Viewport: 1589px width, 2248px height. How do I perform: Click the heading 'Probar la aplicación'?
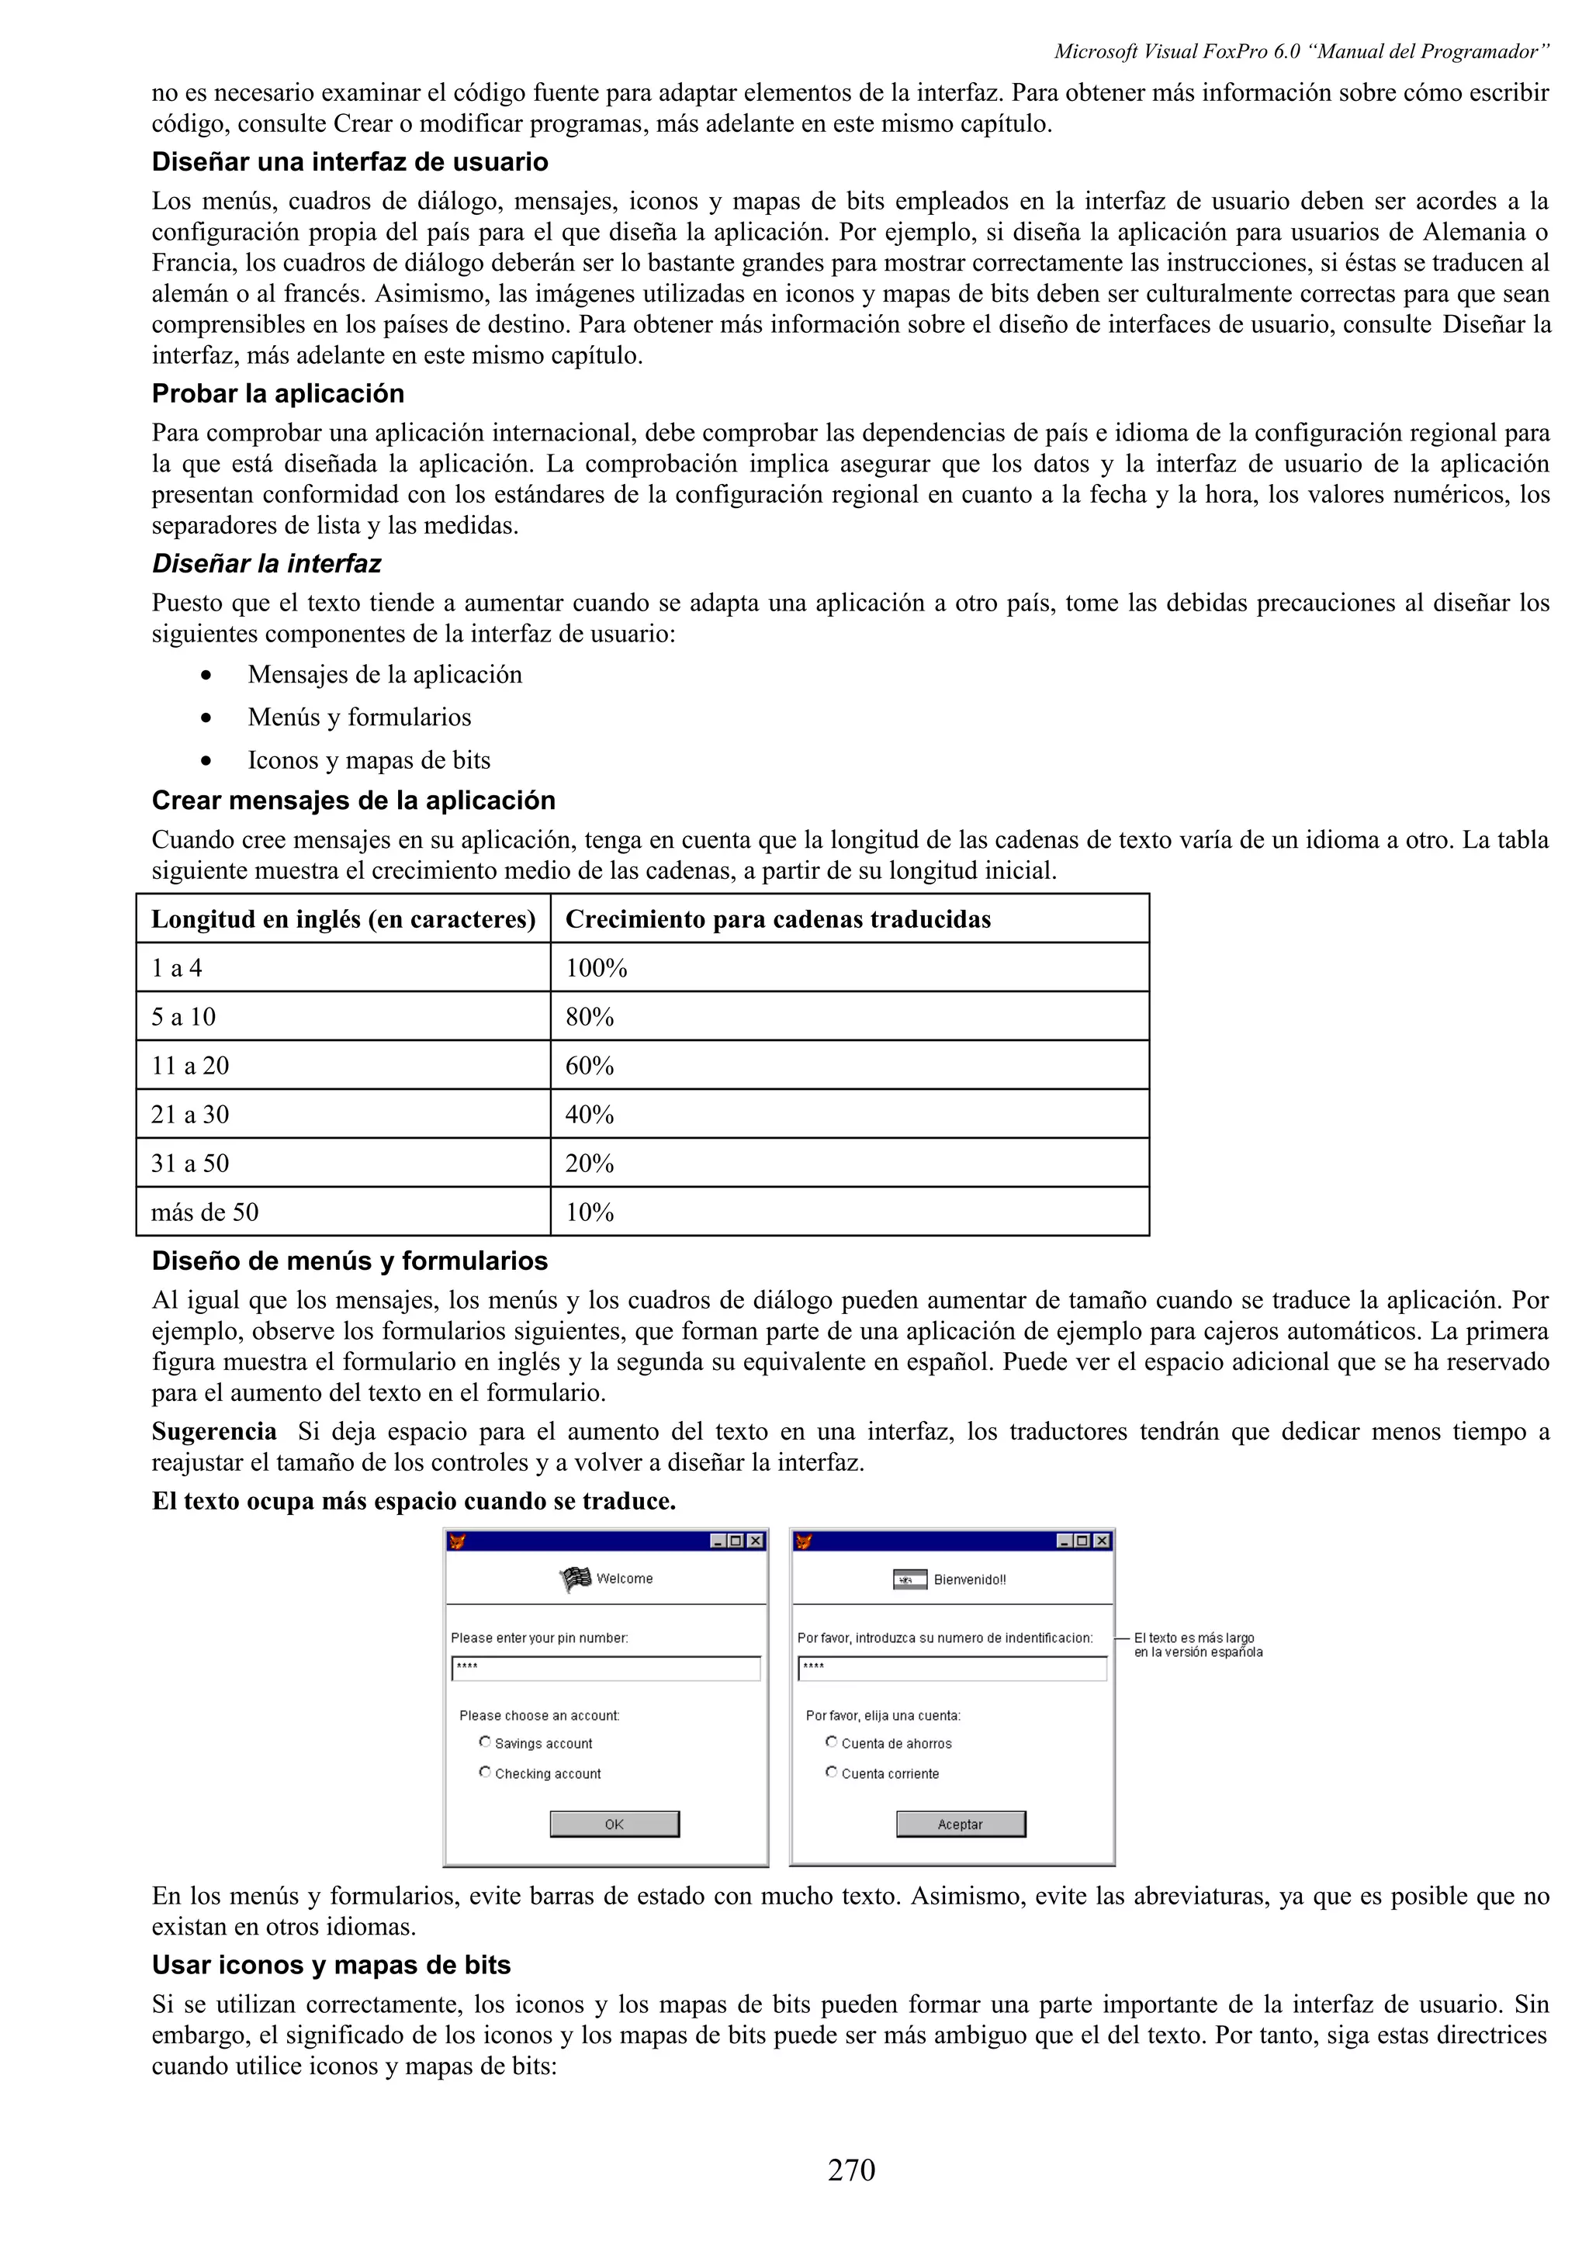[x=278, y=393]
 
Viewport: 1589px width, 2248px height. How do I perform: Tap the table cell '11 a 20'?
[x=190, y=1067]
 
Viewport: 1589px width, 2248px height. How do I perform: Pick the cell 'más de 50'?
[x=205, y=1213]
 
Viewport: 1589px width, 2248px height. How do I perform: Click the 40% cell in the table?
[x=590, y=1115]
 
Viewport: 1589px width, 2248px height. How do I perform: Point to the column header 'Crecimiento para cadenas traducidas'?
[x=778, y=919]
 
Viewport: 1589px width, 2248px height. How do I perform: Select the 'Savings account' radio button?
[x=485, y=1741]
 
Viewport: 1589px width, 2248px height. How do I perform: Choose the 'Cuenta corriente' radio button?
[x=831, y=1772]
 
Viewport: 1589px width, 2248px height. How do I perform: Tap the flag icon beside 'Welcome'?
[x=576, y=1579]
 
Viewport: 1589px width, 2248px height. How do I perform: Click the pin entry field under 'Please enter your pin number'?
[x=606, y=1668]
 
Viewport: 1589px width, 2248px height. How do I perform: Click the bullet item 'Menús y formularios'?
[x=359, y=718]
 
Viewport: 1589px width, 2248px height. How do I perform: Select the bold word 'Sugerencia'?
[x=214, y=1431]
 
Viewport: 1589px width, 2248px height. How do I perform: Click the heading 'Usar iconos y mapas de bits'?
[x=331, y=1965]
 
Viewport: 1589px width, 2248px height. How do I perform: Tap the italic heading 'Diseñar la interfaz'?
[x=266, y=564]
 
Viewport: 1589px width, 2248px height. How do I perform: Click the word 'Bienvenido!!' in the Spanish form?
[x=969, y=1579]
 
